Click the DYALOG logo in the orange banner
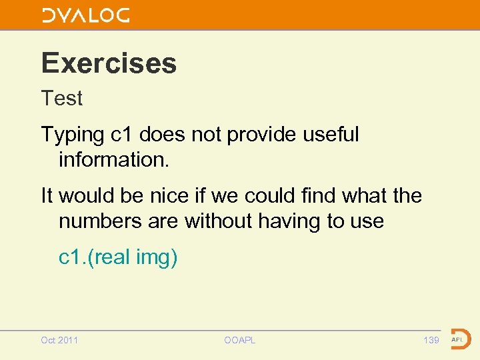pyautogui.click(x=86, y=15)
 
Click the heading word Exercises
pyautogui.click(x=109, y=63)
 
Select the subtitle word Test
pyautogui.click(x=62, y=99)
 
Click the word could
pyautogui.click(x=275, y=196)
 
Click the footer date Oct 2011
pyautogui.click(x=59, y=340)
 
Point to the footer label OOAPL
pyautogui.click(x=239, y=340)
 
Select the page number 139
pyautogui.click(x=431, y=340)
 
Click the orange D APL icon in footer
pyautogui.click(x=460, y=339)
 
